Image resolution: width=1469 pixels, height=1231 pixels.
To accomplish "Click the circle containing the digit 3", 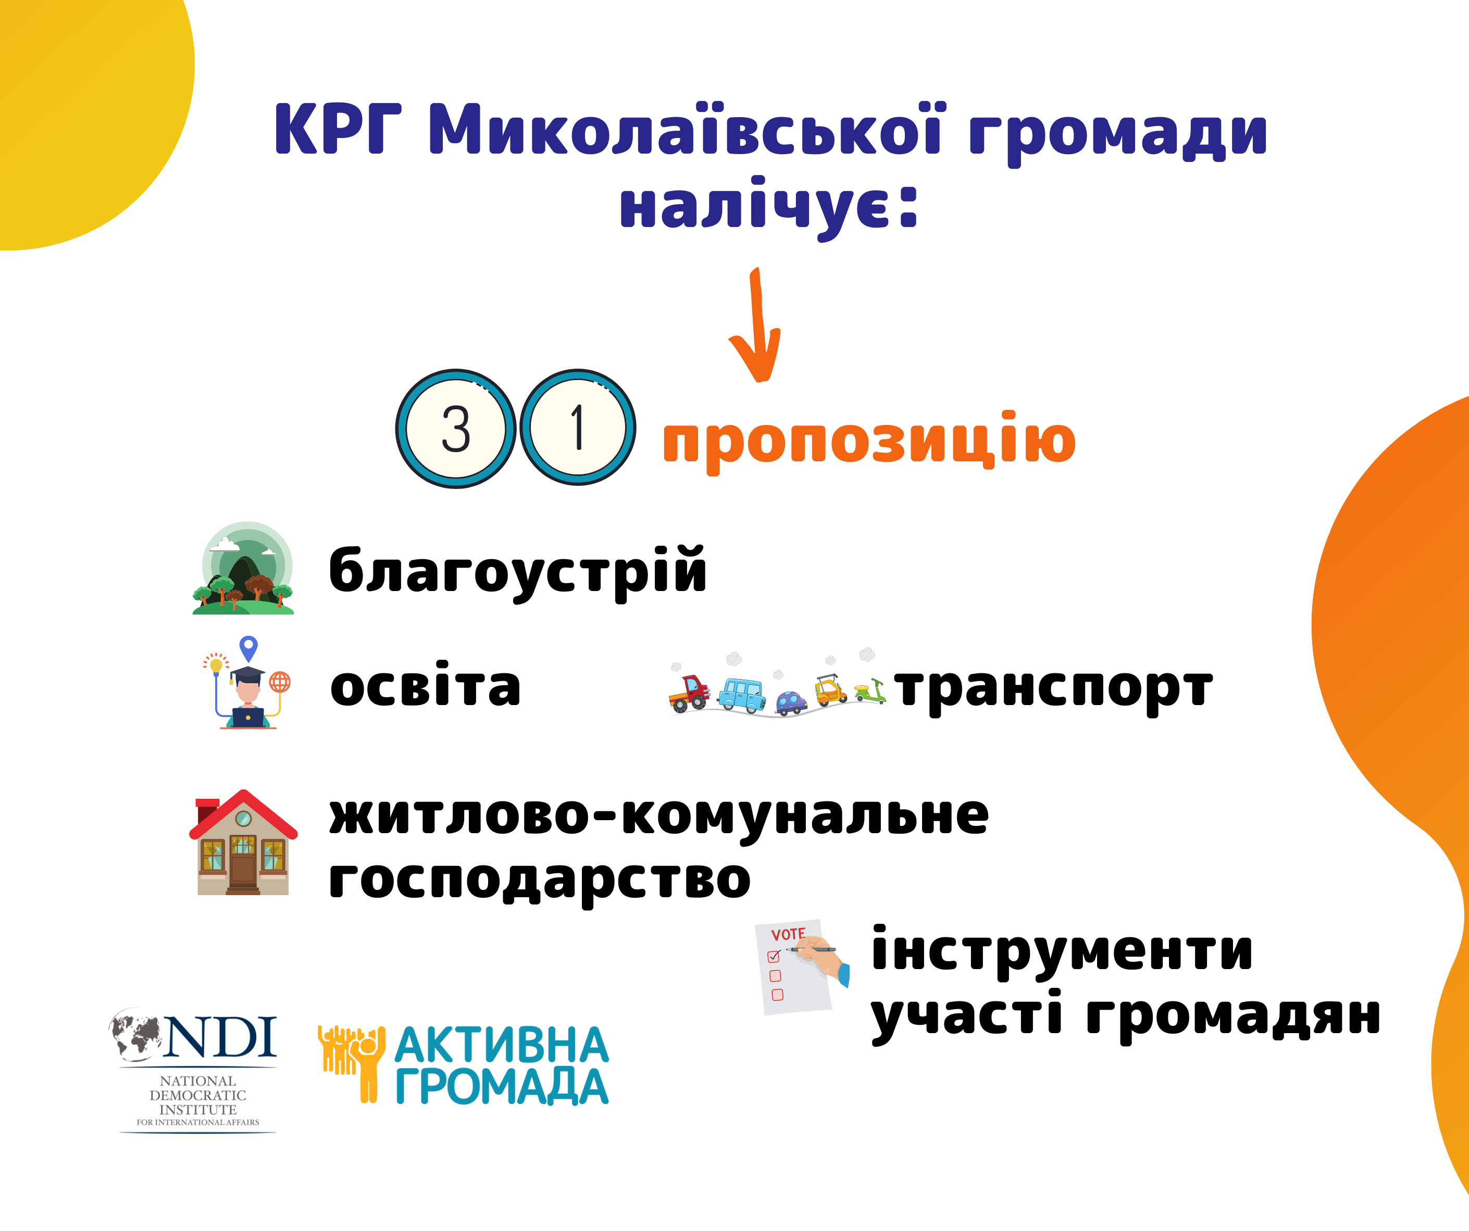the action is coord(455,428).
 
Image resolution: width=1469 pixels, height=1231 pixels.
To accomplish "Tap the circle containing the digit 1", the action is coord(578,426).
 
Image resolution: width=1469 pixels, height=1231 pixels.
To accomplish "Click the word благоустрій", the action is coord(518,572).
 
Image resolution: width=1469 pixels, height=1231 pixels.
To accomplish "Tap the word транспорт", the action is coord(1053,691).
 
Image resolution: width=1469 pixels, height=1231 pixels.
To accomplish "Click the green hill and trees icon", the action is coord(243,568).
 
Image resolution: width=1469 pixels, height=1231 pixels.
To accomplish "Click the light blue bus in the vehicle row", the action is coord(742,695).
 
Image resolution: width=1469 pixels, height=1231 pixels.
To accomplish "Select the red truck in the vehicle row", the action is coord(690,693).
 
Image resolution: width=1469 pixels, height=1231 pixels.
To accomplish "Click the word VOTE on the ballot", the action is coord(788,934).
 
